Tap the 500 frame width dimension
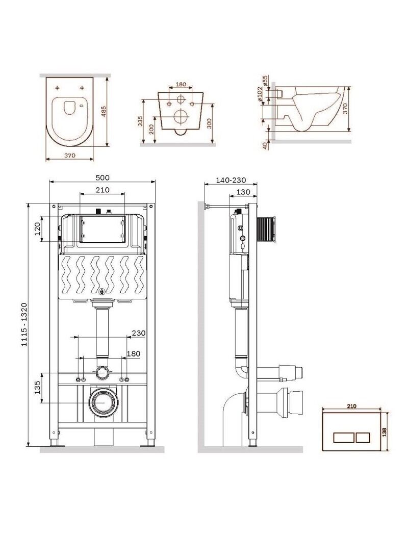click(103, 177)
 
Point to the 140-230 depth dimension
click(231, 180)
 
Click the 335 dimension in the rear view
click(140, 121)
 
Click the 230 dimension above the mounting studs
click(138, 333)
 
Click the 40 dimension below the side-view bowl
click(265, 145)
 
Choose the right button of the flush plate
click(363, 437)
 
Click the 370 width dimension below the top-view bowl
click(69, 155)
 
